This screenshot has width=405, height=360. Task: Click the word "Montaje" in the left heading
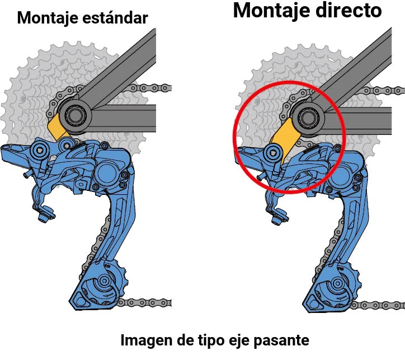pyautogui.click(x=48, y=18)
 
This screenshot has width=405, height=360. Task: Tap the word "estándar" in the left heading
pyautogui.click(x=115, y=17)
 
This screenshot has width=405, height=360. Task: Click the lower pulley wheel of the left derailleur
pyautogui.click(x=104, y=281)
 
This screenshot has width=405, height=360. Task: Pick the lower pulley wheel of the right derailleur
pyautogui.click(x=337, y=283)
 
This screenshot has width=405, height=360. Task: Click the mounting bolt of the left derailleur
pyautogui.click(x=40, y=150)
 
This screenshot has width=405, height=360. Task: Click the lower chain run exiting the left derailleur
pyautogui.click(x=144, y=302)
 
